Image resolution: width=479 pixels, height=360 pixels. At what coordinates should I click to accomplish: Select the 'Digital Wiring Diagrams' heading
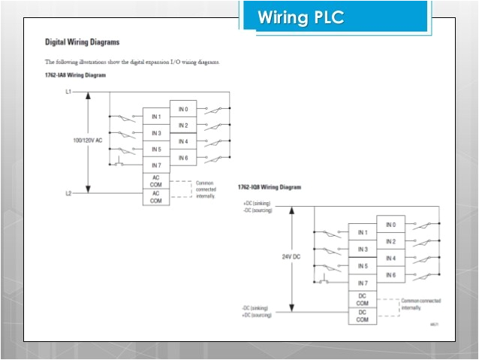click(x=82, y=43)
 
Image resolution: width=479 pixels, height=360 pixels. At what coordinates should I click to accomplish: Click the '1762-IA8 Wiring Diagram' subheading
click(x=75, y=76)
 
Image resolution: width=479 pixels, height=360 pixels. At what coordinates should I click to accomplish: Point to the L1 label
click(x=68, y=92)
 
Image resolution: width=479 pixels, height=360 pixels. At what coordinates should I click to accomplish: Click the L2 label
click(x=68, y=193)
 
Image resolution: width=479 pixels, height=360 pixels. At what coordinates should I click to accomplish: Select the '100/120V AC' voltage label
click(x=88, y=141)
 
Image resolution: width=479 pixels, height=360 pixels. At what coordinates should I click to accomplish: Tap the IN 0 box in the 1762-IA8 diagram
click(x=183, y=109)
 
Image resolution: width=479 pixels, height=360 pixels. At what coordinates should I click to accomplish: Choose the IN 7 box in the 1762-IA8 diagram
click(x=156, y=165)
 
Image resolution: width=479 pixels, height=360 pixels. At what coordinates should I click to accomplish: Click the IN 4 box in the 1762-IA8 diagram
click(x=183, y=141)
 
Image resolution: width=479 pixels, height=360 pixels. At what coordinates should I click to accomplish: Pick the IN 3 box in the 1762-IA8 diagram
click(x=156, y=133)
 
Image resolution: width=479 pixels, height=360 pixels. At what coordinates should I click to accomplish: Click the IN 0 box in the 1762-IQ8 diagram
click(x=390, y=225)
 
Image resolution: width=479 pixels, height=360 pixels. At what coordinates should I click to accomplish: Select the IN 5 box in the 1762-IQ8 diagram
click(x=363, y=266)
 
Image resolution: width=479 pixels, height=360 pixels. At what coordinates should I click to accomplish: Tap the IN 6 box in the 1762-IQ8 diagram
click(x=390, y=275)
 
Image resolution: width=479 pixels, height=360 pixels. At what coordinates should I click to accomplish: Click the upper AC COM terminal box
click(x=156, y=180)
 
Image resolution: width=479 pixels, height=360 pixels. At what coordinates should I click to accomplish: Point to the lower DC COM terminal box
click(x=363, y=316)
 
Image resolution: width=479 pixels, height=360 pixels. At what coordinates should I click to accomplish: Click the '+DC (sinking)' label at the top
click(x=257, y=204)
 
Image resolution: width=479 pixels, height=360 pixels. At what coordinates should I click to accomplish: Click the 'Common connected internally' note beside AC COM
click(x=206, y=189)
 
